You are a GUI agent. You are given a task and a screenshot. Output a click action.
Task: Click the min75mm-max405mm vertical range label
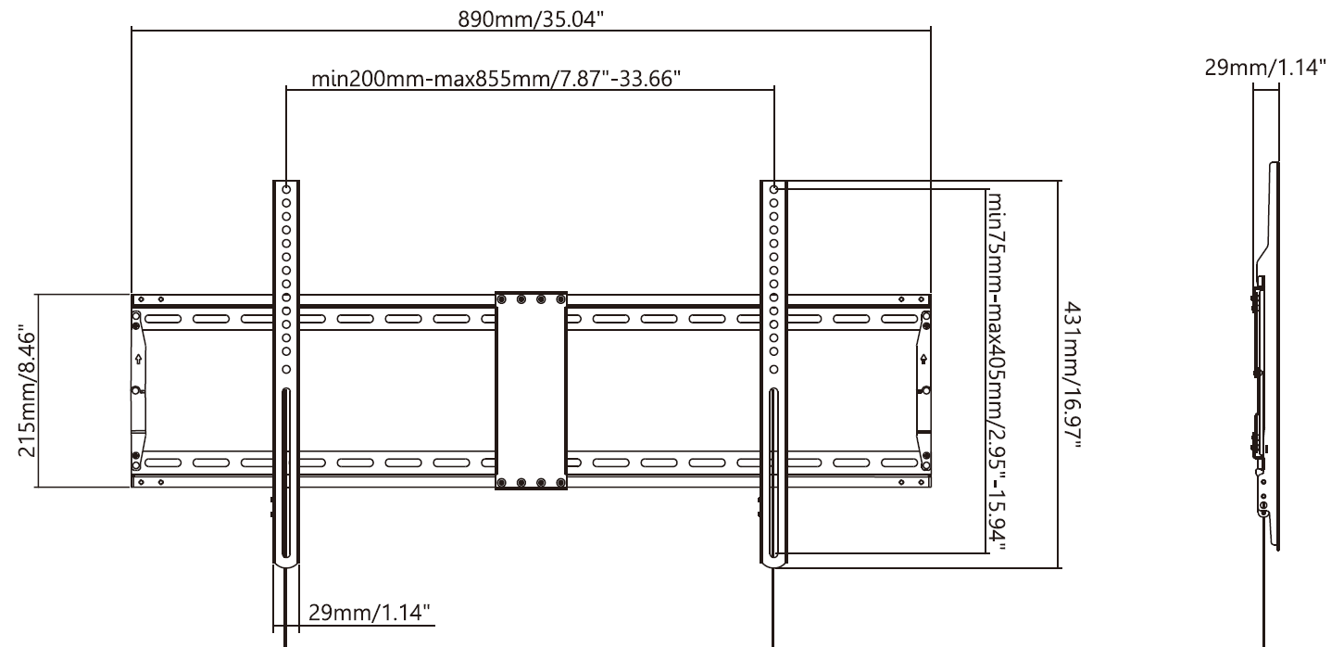pos(998,373)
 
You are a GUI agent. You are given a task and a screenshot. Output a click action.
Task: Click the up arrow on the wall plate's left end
pos(138,357)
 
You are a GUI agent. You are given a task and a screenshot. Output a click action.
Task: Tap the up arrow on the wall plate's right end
pos(923,357)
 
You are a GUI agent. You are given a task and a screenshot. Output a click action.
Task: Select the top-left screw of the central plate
pos(503,299)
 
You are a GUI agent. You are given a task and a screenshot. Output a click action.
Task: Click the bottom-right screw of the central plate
pos(559,483)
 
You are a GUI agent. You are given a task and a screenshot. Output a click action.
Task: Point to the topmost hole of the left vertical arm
pos(286,189)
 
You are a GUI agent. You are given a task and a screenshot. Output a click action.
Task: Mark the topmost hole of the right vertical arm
pos(773,189)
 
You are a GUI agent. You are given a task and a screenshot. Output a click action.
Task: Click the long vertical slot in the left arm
pos(286,473)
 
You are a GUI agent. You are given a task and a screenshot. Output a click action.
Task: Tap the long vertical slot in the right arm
pos(773,473)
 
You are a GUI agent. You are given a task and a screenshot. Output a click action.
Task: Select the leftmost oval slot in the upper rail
pos(163,320)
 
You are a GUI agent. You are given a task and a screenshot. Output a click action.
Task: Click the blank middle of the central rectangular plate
pos(531,389)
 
